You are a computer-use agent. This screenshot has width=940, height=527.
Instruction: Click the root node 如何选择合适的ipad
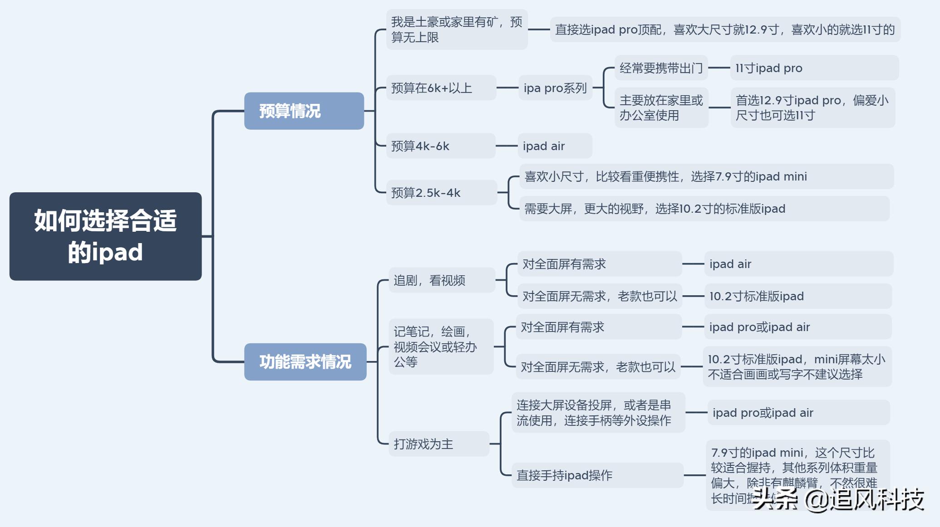click(x=105, y=236)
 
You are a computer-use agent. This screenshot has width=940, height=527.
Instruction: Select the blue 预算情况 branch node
click(x=304, y=111)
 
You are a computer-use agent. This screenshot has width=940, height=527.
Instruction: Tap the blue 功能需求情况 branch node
click(x=305, y=362)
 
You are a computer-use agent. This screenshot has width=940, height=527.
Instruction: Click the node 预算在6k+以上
click(x=440, y=88)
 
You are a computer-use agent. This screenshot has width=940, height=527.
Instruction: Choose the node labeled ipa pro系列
click(x=555, y=88)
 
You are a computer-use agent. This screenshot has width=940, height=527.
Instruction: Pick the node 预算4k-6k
click(x=440, y=146)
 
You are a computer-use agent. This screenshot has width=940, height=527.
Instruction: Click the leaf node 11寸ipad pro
click(x=814, y=68)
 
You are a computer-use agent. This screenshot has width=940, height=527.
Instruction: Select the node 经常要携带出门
click(x=661, y=68)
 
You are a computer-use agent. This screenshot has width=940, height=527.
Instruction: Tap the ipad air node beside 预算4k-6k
click(x=555, y=146)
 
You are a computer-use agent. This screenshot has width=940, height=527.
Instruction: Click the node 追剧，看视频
click(x=441, y=280)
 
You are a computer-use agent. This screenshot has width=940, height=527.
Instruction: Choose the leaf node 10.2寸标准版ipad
click(x=797, y=296)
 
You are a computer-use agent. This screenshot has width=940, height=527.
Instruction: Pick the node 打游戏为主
click(x=438, y=444)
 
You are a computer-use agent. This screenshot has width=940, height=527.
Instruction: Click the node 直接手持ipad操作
click(x=597, y=475)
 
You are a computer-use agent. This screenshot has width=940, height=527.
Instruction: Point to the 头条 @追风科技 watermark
click(x=838, y=500)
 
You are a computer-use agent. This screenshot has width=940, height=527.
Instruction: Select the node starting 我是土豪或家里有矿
click(x=457, y=29)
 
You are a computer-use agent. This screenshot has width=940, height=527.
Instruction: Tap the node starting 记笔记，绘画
click(x=441, y=347)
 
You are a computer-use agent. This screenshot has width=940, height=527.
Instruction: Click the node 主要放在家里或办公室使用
click(x=661, y=108)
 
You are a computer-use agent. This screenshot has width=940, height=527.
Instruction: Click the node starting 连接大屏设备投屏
click(x=598, y=413)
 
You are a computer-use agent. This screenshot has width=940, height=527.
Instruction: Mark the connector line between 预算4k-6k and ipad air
click(x=507, y=146)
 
